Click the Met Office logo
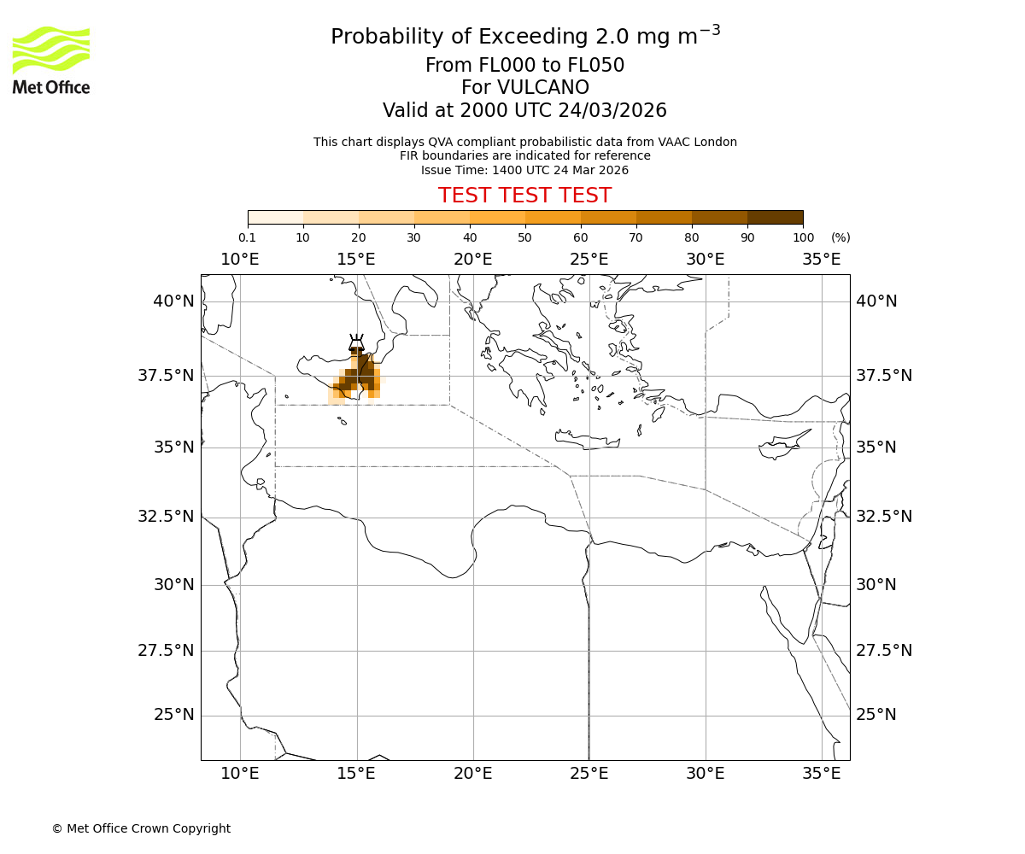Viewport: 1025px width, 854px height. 51,60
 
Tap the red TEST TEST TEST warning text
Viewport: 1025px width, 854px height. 524,196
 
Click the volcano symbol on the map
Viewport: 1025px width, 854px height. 356,343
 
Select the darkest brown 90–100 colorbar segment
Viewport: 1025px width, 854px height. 775,217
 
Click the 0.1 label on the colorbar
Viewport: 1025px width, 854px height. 247,237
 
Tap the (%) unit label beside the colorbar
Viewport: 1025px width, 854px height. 840,237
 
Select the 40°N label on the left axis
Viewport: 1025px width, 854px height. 174,301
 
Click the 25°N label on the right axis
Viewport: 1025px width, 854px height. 876,715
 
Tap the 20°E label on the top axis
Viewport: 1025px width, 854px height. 472,259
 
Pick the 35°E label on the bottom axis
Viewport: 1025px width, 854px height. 822,774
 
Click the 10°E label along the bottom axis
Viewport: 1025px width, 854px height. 240,774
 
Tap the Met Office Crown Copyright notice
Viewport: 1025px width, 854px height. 141,828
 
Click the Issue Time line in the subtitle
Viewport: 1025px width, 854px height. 524,170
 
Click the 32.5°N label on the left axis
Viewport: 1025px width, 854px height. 167,517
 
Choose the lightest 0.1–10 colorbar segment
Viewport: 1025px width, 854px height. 276,217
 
